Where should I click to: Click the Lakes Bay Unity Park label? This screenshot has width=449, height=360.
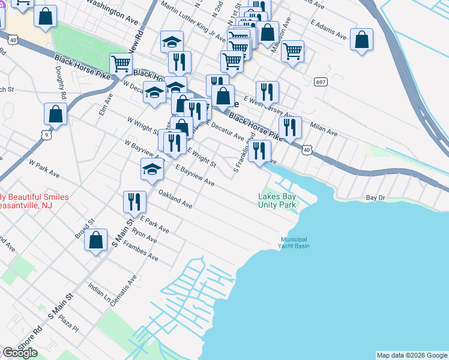click(x=277, y=200)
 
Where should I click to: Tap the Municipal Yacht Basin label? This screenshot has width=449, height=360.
click(x=295, y=242)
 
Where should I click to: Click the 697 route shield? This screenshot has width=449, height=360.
click(x=320, y=80)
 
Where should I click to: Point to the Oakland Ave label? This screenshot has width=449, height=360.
click(x=175, y=199)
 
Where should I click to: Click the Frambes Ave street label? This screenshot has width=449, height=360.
click(x=142, y=253)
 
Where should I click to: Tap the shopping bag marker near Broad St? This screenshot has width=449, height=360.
click(x=96, y=241)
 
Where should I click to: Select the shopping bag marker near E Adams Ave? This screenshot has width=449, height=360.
click(x=362, y=40)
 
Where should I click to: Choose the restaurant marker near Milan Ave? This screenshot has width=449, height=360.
click(x=290, y=127)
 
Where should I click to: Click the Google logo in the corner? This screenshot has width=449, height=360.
click(x=19, y=353)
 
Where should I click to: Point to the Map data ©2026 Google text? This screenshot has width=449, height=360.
click(x=412, y=355)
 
